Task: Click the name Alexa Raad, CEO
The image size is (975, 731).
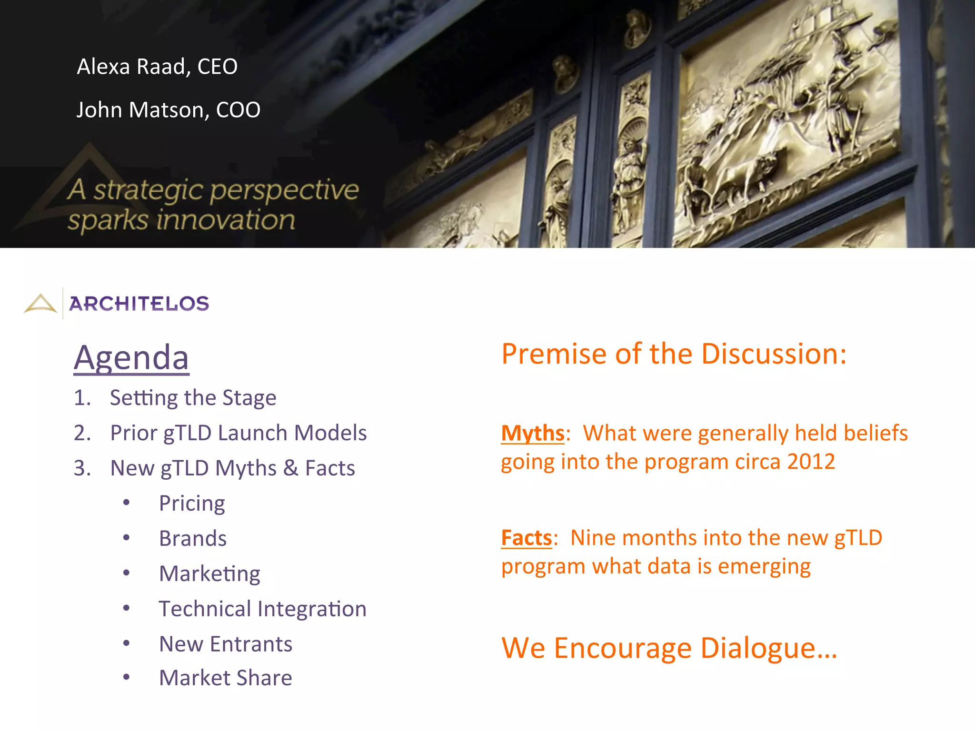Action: [157, 67]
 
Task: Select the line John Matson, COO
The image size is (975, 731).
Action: [168, 110]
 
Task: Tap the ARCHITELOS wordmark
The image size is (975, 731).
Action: [139, 304]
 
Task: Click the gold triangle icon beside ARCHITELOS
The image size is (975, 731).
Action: [40, 303]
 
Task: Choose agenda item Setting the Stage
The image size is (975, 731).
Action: [193, 398]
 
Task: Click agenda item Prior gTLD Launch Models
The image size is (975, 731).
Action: [238, 433]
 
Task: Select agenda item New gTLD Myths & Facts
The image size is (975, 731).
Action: [232, 468]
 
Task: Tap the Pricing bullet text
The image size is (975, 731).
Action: [192, 504]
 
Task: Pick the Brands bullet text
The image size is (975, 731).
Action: [193, 539]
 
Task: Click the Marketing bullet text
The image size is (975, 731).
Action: [209, 574]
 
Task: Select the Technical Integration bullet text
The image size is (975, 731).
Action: [262, 609]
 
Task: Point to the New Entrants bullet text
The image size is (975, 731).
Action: [226, 644]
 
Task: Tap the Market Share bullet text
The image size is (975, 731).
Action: [226, 678]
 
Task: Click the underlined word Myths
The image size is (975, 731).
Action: [532, 434]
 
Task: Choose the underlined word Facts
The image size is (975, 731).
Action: [526, 538]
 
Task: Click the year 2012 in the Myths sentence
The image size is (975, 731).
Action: [811, 462]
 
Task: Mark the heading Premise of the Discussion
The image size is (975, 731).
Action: [674, 354]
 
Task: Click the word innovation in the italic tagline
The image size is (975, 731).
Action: [226, 220]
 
